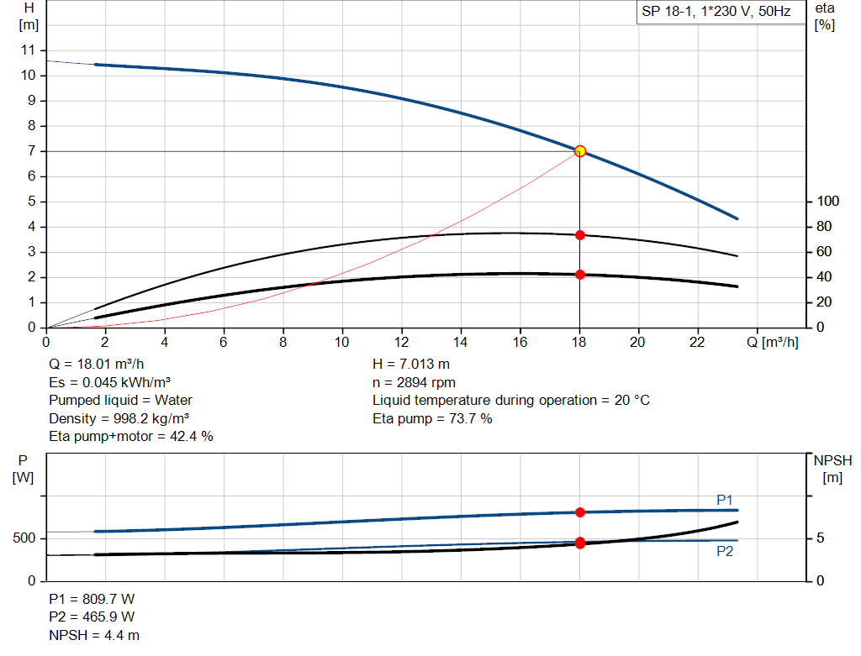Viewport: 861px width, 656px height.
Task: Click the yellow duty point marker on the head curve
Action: (x=579, y=151)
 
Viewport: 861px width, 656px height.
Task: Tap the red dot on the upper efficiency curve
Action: (x=579, y=235)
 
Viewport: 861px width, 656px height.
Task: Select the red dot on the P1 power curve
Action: (x=579, y=512)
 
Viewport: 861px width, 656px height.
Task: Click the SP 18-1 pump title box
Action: (x=715, y=13)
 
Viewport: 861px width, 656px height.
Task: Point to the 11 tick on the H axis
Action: (x=29, y=50)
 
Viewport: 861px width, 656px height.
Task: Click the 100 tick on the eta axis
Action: (x=828, y=202)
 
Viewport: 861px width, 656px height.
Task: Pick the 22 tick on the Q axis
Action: (x=697, y=342)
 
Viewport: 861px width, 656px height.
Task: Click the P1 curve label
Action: (x=725, y=500)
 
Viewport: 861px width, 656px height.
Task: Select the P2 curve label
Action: (x=725, y=552)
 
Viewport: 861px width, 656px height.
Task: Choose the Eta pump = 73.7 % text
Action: (x=432, y=418)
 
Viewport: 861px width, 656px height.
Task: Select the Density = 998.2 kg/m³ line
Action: (x=119, y=418)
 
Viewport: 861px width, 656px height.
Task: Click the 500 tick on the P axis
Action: (x=25, y=538)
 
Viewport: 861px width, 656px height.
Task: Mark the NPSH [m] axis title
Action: (x=832, y=470)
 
